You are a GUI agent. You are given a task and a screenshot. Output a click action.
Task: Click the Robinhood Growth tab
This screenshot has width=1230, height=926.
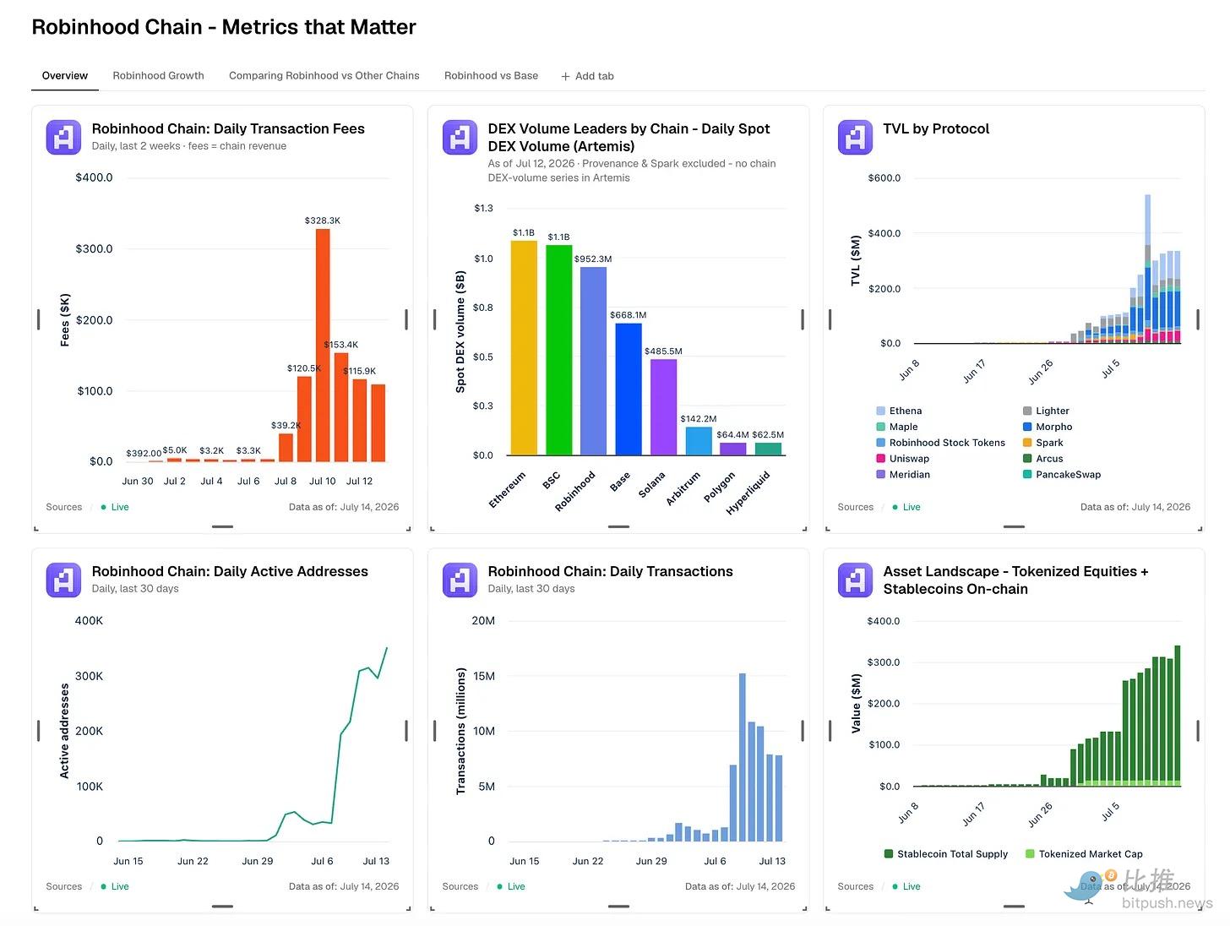click(157, 76)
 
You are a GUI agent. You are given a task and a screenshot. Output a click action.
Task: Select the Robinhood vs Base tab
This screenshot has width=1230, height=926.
click(490, 76)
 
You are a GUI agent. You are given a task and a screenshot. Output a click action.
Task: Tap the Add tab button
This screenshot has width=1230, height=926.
click(587, 76)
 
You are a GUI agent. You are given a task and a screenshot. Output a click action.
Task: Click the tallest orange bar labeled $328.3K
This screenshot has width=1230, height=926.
click(322, 345)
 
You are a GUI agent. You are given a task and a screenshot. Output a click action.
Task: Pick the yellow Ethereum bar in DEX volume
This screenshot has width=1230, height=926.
click(523, 347)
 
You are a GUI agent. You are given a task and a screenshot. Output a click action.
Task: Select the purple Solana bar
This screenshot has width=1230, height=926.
click(663, 406)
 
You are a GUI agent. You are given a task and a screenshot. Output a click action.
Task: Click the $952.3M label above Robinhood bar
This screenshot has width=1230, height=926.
click(592, 259)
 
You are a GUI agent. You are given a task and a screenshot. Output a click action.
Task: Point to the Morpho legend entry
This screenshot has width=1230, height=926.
click(1047, 427)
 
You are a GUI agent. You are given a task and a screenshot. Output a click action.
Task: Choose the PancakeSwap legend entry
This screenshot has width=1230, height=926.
click(1061, 474)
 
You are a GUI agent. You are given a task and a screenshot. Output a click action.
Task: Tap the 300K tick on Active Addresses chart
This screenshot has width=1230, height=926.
click(89, 676)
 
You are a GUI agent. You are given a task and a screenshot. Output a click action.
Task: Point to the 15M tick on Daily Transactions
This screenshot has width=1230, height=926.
click(483, 676)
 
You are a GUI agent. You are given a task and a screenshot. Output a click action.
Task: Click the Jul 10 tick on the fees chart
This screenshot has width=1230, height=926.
click(322, 481)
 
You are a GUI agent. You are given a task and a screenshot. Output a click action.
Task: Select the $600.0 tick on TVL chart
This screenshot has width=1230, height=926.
click(884, 177)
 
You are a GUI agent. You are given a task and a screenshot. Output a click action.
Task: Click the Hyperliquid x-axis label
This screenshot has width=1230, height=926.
click(748, 493)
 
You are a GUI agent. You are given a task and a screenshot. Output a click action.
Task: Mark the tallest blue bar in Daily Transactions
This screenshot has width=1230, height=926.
click(742, 757)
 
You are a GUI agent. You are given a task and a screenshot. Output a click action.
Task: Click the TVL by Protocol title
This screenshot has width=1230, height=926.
click(936, 128)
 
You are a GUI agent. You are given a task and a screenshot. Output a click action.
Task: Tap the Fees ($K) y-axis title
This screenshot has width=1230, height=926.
click(65, 319)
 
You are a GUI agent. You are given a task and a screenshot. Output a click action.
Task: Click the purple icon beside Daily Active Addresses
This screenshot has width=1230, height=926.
click(63, 580)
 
